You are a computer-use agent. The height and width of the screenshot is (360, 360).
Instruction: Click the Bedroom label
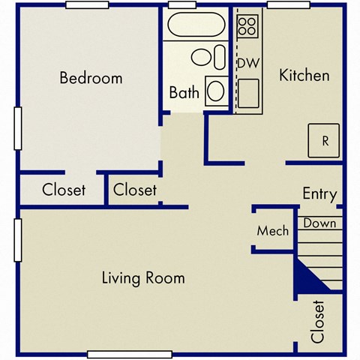91,78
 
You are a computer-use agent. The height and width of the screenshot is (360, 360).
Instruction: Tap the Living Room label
143,278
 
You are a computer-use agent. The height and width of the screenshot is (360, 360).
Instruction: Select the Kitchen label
304,75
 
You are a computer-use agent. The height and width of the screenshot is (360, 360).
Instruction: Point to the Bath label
184,94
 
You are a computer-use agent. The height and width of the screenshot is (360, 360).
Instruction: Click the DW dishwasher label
247,63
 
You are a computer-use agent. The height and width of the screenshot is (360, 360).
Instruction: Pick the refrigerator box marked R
325,139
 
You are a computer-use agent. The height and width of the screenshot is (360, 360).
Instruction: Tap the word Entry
319,193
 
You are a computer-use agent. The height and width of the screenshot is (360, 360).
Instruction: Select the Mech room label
272,231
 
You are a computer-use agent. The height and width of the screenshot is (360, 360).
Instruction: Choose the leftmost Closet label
64,190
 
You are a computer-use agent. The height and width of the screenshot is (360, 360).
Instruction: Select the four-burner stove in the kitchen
247,27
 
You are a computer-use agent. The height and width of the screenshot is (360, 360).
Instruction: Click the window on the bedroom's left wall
16,124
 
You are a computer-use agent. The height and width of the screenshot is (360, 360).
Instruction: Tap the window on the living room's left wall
16,240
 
